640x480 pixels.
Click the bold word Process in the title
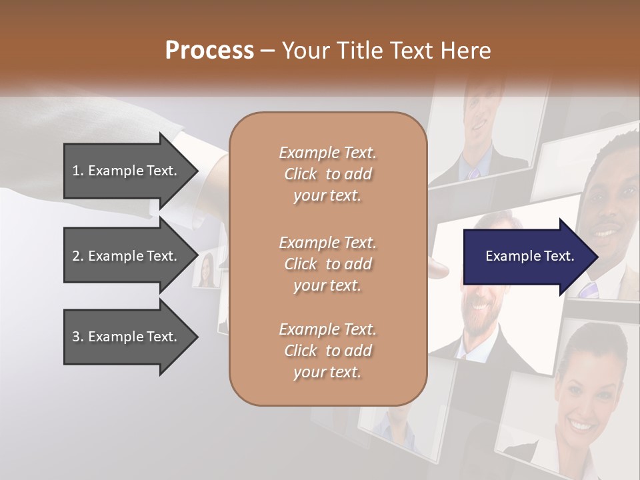click(x=209, y=50)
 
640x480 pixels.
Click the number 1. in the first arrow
click(x=78, y=171)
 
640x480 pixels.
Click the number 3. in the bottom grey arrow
click(x=78, y=337)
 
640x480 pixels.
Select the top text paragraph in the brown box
click(x=327, y=174)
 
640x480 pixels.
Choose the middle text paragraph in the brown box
click(x=327, y=263)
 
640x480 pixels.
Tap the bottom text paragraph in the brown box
click(x=327, y=350)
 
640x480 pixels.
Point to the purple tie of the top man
click(x=474, y=173)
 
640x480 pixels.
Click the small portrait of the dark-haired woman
click(x=206, y=270)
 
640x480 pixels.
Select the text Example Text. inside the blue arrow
click(x=529, y=256)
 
